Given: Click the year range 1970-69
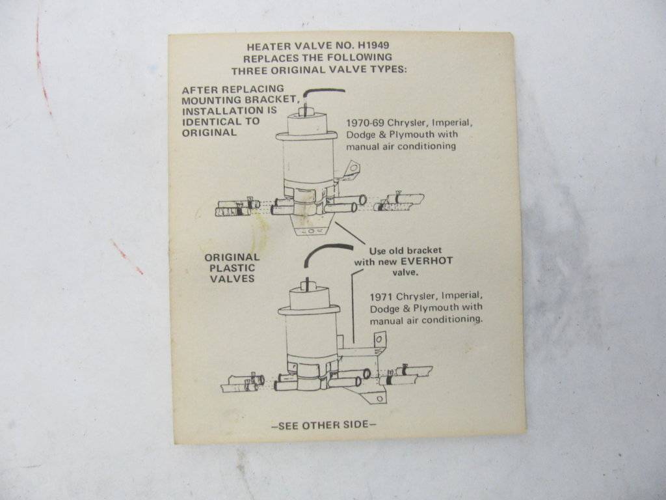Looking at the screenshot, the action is point(365,123).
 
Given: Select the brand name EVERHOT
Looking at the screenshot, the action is point(427,261).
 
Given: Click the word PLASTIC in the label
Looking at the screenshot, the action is point(232,268).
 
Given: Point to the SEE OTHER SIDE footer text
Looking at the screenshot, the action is point(324,424).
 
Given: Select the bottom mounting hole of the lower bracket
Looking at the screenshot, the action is point(379,398).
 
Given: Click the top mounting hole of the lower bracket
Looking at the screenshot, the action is point(379,339).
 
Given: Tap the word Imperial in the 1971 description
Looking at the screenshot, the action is point(462,296).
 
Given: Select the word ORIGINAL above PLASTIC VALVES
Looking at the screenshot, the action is point(232,257).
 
